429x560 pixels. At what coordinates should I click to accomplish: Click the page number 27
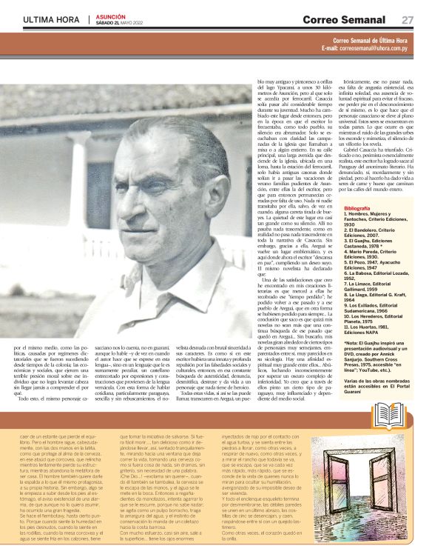tap(408, 19)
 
